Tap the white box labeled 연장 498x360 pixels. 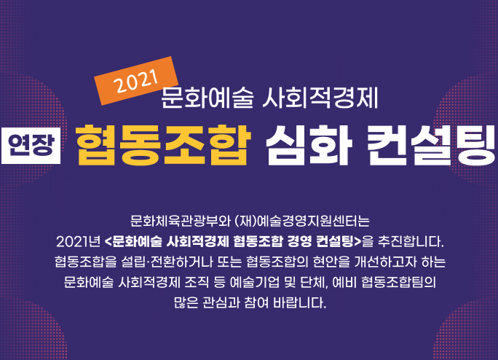click(x=31, y=146)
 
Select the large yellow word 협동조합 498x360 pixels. click(x=163, y=145)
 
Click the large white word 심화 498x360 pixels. click(x=309, y=145)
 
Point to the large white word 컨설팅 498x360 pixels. click(x=430, y=145)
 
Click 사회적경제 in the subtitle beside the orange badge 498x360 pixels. click(x=320, y=98)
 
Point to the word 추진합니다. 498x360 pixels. click(x=411, y=242)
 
